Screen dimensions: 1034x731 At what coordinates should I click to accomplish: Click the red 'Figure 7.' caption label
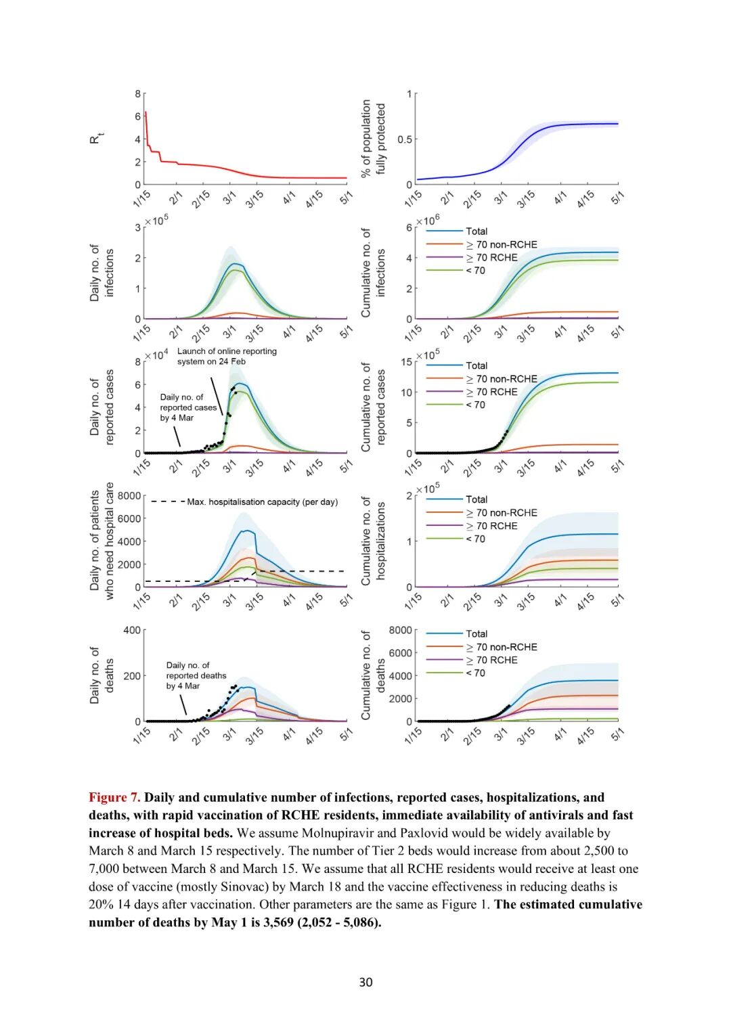click(114, 797)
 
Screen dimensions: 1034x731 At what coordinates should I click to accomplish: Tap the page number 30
click(365, 982)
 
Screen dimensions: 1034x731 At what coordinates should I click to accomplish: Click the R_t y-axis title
click(96, 139)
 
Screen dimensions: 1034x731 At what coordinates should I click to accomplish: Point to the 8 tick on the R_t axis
click(138, 94)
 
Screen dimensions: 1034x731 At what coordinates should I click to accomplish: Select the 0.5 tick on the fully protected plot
click(405, 139)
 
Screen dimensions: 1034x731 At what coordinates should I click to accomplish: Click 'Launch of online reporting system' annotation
click(227, 356)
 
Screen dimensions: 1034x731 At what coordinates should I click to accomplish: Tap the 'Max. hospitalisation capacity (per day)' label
click(262, 502)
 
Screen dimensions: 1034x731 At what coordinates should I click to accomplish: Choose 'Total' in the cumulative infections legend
click(477, 231)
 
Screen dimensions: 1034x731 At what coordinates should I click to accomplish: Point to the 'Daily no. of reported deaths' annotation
click(196, 675)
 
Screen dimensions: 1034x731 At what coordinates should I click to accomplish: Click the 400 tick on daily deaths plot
click(132, 630)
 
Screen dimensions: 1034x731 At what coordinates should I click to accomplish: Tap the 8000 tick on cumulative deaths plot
click(400, 630)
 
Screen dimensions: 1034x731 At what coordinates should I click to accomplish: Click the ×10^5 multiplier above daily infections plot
click(156, 221)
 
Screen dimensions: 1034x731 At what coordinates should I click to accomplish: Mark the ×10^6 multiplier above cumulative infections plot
click(427, 221)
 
